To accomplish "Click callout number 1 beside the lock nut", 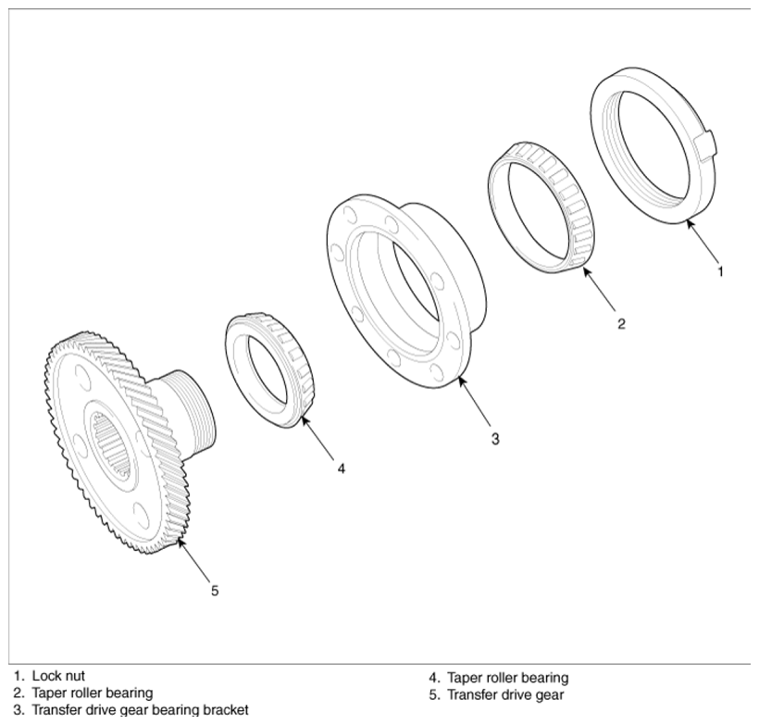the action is click(720, 271).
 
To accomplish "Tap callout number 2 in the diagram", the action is click(621, 323).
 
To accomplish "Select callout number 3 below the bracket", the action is click(494, 439).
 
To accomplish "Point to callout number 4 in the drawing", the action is click(342, 469).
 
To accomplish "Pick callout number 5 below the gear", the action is click(215, 591).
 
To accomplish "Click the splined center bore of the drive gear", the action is click(111, 444).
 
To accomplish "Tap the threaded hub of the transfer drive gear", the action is click(192, 413).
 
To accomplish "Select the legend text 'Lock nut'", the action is click(58, 676).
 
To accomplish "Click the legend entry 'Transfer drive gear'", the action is click(505, 695).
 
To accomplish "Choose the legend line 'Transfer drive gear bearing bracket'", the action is click(140, 710).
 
